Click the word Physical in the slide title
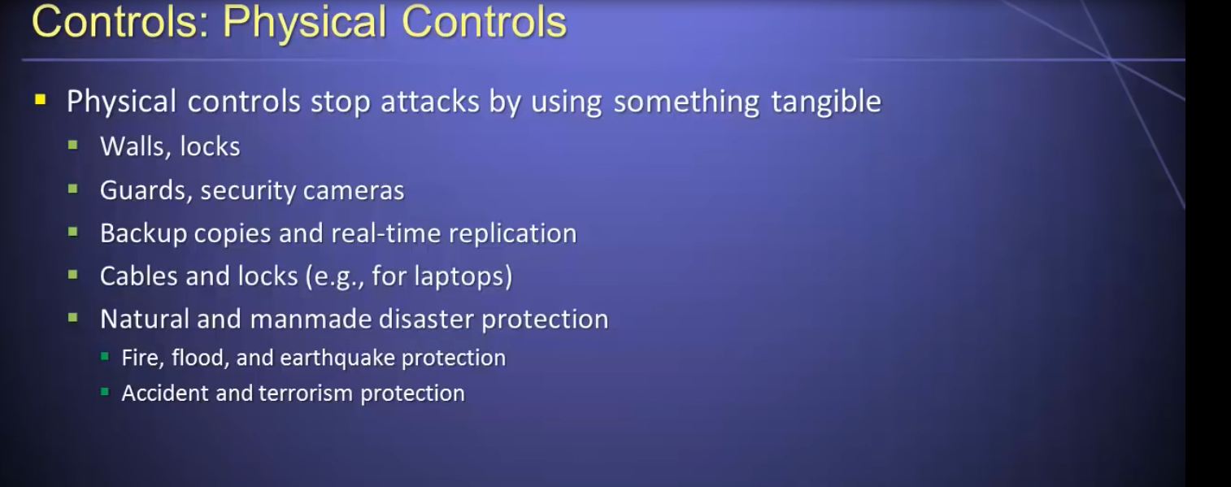[305, 23]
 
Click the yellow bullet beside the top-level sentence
[40, 99]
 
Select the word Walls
[133, 146]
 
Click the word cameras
[354, 191]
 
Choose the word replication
[513, 233]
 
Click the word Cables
[138, 276]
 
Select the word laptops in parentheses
[460, 276]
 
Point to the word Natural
[145, 319]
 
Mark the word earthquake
[337, 359]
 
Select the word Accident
[165, 394]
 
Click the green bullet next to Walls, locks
[72, 146]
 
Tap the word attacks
[430, 102]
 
